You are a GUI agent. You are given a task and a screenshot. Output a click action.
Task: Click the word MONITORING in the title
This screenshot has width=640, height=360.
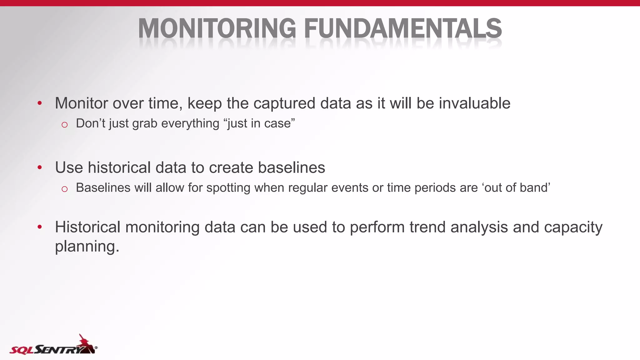click(217, 28)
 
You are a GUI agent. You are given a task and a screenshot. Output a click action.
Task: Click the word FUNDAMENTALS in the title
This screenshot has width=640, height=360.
click(403, 28)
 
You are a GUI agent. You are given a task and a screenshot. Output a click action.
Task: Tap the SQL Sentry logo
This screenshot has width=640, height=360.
click(53, 346)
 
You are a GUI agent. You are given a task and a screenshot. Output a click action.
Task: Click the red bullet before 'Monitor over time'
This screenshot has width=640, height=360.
click(39, 103)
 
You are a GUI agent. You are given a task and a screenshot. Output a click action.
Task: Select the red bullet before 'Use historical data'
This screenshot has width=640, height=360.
click(39, 167)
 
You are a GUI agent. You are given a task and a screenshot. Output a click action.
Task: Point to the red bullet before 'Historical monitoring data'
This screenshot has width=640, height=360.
click(39, 227)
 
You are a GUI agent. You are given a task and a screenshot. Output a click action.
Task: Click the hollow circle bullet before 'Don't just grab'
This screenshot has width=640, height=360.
click(65, 125)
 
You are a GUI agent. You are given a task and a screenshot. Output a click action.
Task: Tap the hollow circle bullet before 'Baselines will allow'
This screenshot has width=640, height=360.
click(65, 189)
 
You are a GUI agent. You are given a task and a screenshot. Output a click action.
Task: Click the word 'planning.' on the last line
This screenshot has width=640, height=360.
click(87, 247)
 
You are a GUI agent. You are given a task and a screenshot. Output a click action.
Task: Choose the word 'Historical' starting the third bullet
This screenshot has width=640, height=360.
click(87, 227)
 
